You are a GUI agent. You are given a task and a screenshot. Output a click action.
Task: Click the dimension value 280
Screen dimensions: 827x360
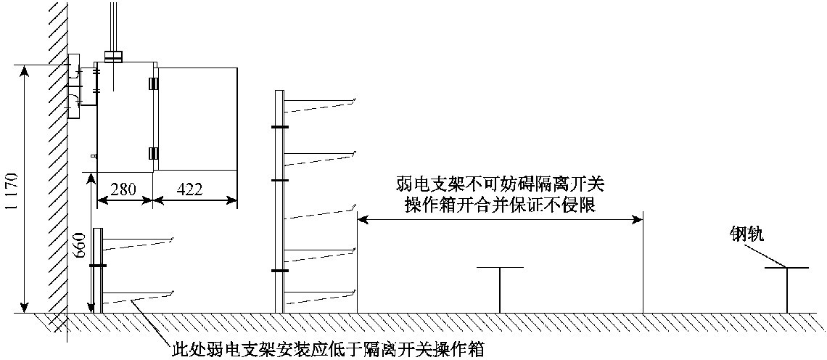(x=125, y=189)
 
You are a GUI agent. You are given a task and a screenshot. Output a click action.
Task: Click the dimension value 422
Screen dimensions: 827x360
(x=189, y=189)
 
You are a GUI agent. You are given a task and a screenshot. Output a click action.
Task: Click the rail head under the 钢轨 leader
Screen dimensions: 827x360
(x=786, y=268)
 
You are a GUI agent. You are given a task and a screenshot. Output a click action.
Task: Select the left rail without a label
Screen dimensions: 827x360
(x=500, y=290)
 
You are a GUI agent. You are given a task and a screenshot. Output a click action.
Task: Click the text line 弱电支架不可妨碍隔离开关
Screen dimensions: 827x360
(x=500, y=185)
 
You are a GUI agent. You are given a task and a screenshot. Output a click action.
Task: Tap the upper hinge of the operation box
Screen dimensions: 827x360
(x=153, y=84)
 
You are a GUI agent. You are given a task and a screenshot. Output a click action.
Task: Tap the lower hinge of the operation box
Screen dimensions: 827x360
(x=153, y=153)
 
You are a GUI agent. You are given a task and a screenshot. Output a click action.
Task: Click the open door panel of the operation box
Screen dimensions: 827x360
(x=197, y=119)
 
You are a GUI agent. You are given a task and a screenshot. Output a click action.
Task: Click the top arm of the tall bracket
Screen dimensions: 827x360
(x=320, y=105)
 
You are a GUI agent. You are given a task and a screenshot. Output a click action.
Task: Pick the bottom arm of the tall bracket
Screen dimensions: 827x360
(x=320, y=297)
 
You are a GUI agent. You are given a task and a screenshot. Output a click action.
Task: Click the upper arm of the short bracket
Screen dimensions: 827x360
(x=138, y=244)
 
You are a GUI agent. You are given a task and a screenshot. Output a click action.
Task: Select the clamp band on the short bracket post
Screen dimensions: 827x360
(x=98, y=266)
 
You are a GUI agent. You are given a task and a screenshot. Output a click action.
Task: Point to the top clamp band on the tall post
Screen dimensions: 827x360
(x=279, y=127)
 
